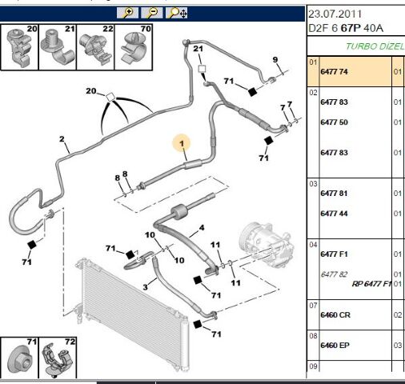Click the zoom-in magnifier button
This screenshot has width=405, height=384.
(x=127, y=13)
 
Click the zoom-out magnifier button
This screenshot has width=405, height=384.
(x=151, y=13)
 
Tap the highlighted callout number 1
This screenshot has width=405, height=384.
(x=182, y=144)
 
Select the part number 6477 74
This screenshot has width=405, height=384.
(x=334, y=71)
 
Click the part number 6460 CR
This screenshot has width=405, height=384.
(x=335, y=315)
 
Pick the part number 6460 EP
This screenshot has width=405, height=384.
(x=335, y=346)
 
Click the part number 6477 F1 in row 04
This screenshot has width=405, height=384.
(x=334, y=254)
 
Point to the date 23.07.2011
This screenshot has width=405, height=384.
(x=335, y=14)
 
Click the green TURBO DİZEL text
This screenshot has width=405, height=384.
(x=375, y=46)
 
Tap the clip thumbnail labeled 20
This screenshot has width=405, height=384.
(x=20, y=47)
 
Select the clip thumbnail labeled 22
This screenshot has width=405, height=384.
(x=95, y=47)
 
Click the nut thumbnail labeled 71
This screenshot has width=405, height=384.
(x=19, y=358)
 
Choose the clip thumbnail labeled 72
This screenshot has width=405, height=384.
(x=58, y=358)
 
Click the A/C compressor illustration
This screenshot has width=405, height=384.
(x=267, y=245)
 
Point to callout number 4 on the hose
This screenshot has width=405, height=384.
(x=202, y=228)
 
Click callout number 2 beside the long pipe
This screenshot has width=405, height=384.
(x=62, y=139)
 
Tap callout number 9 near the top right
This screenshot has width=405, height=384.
(x=275, y=60)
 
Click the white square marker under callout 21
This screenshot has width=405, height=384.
(x=202, y=69)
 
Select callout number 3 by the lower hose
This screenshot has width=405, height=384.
(x=145, y=287)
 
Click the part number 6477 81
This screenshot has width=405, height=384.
(x=334, y=194)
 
